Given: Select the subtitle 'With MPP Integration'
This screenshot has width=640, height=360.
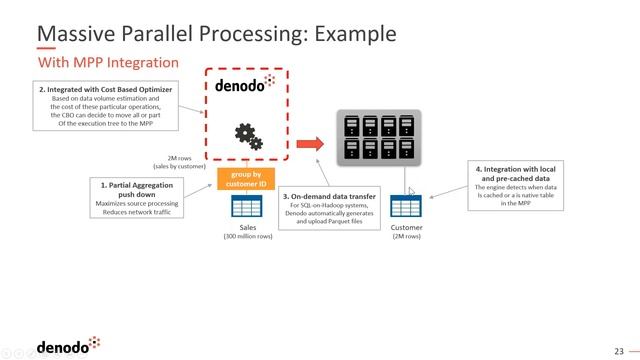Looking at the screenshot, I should tap(108, 63).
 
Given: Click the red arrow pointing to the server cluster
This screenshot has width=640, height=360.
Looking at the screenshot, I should tap(310, 144).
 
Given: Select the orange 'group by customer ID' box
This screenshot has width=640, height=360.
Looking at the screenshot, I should tap(245, 179).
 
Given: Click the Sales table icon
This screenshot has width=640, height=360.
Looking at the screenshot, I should tap(245, 206).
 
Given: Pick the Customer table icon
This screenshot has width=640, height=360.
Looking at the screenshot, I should tap(405, 206).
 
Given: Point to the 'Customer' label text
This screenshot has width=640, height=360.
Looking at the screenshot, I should tap(405, 228).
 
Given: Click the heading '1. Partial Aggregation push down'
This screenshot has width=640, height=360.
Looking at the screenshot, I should tap(140, 188).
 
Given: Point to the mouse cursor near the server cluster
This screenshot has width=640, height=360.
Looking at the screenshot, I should tap(411, 192).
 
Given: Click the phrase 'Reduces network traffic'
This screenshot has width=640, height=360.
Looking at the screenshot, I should tap(140, 211).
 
